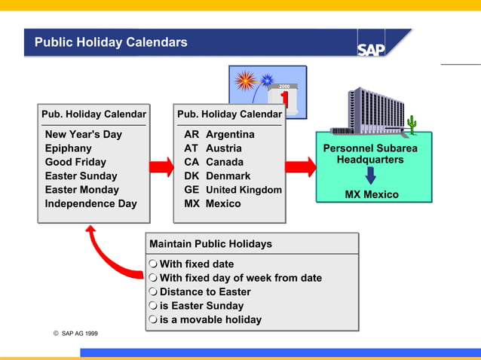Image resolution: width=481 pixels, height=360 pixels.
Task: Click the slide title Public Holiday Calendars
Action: point(111,42)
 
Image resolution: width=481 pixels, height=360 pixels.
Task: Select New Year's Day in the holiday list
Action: point(83,134)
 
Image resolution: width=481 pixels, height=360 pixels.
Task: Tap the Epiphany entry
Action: point(69,148)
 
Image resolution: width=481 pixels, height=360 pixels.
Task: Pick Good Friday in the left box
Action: point(75,162)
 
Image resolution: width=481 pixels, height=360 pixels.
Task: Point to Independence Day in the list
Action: point(90,203)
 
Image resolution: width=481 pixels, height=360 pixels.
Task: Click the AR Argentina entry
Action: point(219,134)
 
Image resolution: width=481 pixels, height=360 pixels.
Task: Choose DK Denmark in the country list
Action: point(217,176)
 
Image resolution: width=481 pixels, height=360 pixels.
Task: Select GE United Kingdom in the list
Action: point(233,190)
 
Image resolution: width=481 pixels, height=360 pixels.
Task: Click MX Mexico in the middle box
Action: point(213,203)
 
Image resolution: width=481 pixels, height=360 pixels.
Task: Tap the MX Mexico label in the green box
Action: point(372,194)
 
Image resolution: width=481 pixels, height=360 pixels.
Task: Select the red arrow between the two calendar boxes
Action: point(161,166)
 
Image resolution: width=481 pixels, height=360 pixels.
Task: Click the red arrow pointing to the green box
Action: point(300,166)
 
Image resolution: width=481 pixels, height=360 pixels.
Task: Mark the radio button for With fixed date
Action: point(153,264)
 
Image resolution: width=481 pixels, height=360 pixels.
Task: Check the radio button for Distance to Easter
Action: point(153,292)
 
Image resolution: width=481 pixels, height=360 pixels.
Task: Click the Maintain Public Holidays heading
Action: point(211,244)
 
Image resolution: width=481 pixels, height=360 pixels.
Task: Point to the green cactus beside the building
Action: point(412,124)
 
